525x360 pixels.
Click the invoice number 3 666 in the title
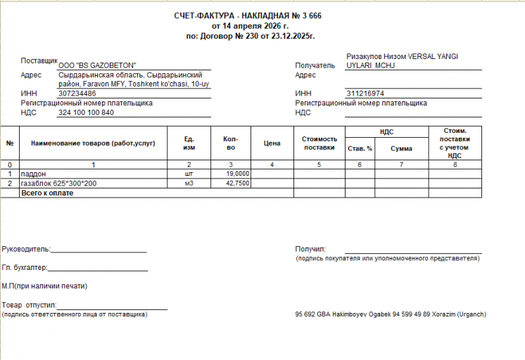click(x=313, y=15)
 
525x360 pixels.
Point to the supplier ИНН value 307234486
click(x=77, y=94)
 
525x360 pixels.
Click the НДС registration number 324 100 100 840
click(x=86, y=112)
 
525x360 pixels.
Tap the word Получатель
click(x=315, y=65)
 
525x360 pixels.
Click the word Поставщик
click(x=39, y=60)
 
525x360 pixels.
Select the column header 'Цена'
click(x=272, y=143)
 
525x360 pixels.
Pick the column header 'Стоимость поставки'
click(x=320, y=143)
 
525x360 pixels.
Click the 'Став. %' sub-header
click(x=360, y=148)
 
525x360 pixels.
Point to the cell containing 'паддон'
click(x=34, y=173)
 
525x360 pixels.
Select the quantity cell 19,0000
click(x=238, y=173)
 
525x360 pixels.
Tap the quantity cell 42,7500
click(x=238, y=183)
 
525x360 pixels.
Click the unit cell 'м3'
click(x=189, y=183)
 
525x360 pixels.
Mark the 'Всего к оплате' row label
click(x=47, y=192)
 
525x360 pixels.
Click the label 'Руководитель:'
click(x=26, y=249)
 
